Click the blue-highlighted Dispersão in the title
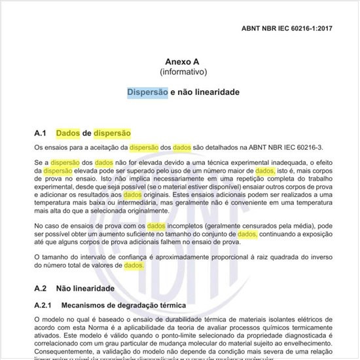(x=147, y=92)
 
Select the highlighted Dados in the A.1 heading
(x=68, y=134)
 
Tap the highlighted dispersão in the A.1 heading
(x=112, y=134)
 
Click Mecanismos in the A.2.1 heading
(x=88, y=305)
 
